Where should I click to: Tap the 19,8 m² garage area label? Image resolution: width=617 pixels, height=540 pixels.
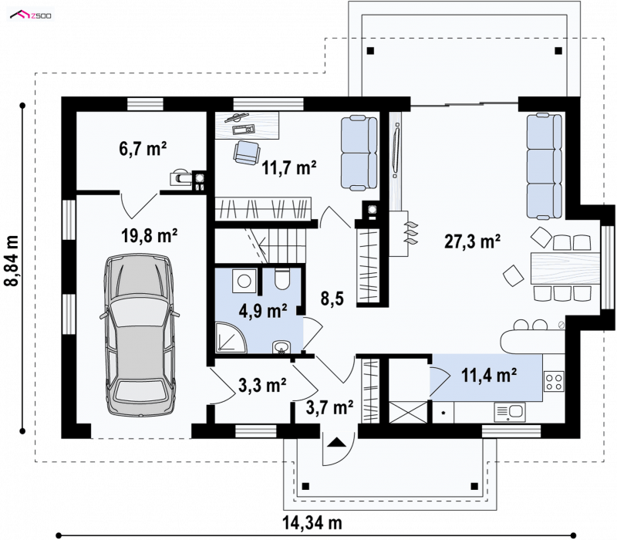[149, 236]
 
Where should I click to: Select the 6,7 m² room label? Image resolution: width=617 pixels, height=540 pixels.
[143, 149]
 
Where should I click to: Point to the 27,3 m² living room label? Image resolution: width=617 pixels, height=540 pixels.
[472, 241]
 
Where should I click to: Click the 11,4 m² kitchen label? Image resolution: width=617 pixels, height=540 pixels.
[489, 375]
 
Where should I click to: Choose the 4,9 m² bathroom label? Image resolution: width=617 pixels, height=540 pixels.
[262, 311]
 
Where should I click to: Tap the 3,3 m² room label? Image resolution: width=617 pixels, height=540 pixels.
[262, 385]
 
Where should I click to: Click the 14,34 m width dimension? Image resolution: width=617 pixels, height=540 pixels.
[312, 523]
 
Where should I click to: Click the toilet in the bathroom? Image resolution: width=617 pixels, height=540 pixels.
[282, 278]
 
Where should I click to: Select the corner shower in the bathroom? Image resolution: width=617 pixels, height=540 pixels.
[231, 336]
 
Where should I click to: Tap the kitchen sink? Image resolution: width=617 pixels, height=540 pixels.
[510, 412]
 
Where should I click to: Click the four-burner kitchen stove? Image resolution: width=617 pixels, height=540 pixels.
[554, 381]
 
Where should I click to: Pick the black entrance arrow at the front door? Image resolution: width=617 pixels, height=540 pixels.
[336, 442]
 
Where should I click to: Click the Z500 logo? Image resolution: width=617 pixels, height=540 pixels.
[31, 15]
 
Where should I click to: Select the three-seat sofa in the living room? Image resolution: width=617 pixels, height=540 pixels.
[545, 166]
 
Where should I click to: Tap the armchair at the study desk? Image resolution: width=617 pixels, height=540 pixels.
[247, 153]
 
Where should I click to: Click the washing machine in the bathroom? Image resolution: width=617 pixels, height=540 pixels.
[244, 281]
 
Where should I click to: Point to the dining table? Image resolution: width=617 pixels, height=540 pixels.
[565, 268]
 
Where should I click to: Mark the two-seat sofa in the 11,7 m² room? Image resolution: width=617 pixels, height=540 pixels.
[359, 153]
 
